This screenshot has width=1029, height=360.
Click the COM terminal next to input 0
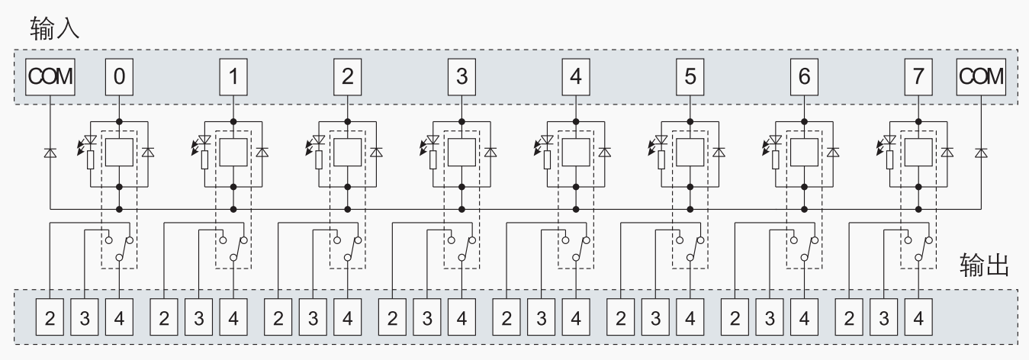50,76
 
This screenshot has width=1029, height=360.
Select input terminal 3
461,76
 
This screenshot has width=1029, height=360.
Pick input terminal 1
233,76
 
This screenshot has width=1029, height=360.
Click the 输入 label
54,30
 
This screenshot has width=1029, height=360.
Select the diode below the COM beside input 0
50,153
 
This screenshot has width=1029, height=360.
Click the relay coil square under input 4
576,153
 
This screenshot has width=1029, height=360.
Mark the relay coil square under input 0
119,153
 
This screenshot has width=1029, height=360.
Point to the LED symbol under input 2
319,141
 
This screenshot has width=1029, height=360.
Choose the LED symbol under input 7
890,141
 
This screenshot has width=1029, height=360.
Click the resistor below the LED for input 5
662,159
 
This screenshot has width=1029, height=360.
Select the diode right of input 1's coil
262,153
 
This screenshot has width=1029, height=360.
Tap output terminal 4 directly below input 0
119,317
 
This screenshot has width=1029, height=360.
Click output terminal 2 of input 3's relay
393,317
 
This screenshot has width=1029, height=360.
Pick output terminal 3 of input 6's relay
770,317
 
